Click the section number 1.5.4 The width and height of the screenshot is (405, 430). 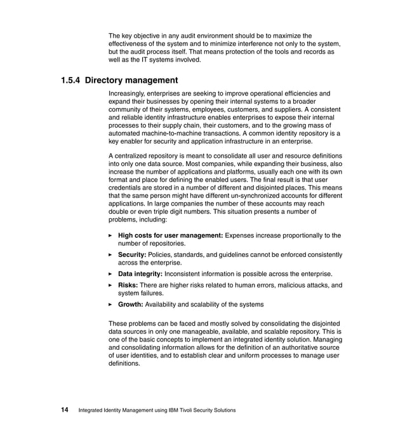pos(70,81)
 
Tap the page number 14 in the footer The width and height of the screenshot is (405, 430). pos(65,410)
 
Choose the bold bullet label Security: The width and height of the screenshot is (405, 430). pos(132,255)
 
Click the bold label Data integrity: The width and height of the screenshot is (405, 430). pos(140,274)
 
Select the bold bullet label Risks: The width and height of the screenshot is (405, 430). pos(129,286)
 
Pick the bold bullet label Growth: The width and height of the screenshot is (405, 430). pos(132,305)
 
